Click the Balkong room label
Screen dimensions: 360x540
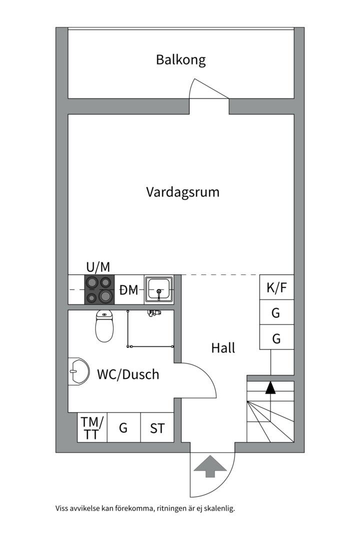181,60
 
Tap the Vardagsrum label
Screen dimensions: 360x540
182,192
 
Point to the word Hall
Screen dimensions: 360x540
223,348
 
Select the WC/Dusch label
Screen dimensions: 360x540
128,374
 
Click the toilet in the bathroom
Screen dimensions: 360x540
104,326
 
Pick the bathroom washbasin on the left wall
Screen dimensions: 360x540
78,371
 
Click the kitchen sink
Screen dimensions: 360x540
159,289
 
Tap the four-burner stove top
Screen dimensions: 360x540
99,289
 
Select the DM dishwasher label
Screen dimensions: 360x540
129,290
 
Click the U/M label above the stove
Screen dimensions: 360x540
98,267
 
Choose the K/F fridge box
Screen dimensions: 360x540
276,287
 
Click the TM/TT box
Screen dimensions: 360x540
92,427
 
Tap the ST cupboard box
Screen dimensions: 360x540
157,427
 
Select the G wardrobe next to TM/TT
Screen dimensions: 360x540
123,427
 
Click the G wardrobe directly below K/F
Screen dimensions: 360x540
276,312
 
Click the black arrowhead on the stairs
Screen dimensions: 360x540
270,387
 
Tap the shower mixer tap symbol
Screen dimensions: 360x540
154,313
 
